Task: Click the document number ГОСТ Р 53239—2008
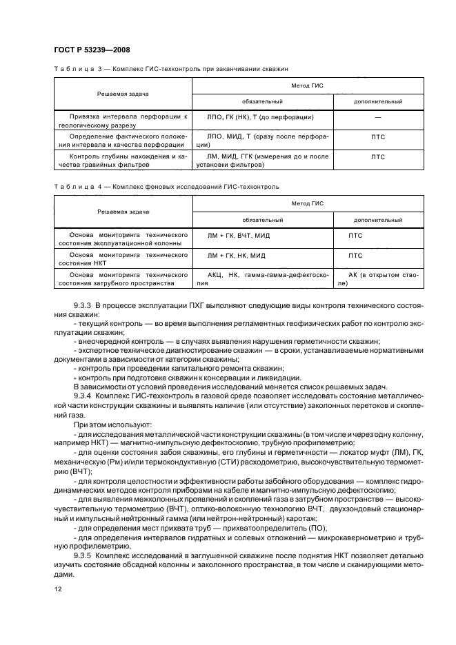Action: coord(92,49)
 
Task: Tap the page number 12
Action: coord(57,588)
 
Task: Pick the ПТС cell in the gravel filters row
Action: coord(378,156)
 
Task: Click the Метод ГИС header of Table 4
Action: coord(307,203)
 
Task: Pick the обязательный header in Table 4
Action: coord(262,220)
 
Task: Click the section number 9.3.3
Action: coord(83,305)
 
